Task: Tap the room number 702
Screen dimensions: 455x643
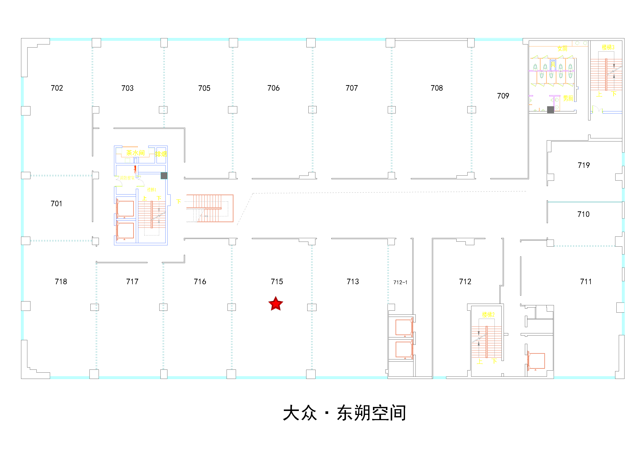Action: tap(57, 88)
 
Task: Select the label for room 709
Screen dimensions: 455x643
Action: tap(503, 96)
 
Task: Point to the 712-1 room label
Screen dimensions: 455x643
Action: tap(400, 282)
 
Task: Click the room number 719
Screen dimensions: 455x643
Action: tap(584, 165)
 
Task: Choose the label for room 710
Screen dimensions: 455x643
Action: tap(583, 214)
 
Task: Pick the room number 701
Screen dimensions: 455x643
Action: tap(56, 204)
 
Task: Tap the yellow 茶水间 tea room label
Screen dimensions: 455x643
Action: tap(135, 153)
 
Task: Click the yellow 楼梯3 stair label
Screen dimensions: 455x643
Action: tap(608, 47)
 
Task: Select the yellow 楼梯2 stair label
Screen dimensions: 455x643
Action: tap(488, 315)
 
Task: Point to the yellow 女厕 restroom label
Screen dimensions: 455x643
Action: tap(562, 49)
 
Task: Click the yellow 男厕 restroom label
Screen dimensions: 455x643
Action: tap(568, 98)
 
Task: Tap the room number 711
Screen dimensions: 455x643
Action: tap(586, 282)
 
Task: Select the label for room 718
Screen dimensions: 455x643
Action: tap(61, 282)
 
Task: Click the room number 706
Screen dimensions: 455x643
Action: tap(273, 88)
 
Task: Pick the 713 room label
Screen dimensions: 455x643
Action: tap(353, 282)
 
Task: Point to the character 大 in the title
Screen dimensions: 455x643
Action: tap(292, 413)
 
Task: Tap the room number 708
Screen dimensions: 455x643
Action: tap(437, 88)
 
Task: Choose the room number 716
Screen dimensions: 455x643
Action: tap(200, 282)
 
